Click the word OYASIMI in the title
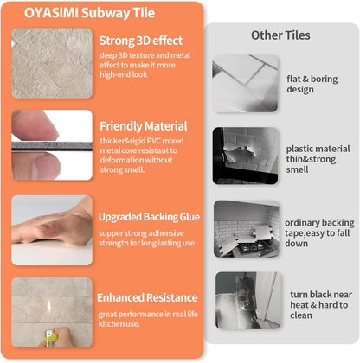coord(51,13)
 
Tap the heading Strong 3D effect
coord(141,41)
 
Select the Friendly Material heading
coord(144,126)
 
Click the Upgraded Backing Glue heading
coord(149,217)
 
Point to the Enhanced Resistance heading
coord(147,297)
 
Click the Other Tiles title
coord(280,35)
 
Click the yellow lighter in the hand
coord(50,338)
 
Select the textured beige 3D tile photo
coord(52,63)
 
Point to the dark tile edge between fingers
coord(52,146)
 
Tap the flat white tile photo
coord(245,83)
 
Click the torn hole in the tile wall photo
coord(239,153)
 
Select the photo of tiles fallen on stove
coord(247,229)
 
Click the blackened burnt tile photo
coord(248,301)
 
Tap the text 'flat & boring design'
coord(312,84)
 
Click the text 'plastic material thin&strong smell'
coord(318,159)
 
